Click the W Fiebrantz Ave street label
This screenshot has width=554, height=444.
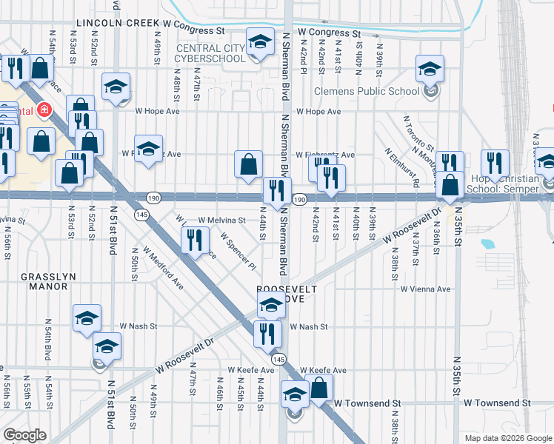click(x=325, y=155)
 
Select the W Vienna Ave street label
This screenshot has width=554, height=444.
click(x=426, y=289)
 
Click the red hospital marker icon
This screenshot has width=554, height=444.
click(x=44, y=111)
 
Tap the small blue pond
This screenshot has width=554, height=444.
click(x=487, y=243)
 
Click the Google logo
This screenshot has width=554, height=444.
click(x=25, y=434)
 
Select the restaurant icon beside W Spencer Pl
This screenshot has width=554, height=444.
click(x=195, y=239)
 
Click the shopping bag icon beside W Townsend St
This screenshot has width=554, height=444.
click(x=318, y=387)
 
